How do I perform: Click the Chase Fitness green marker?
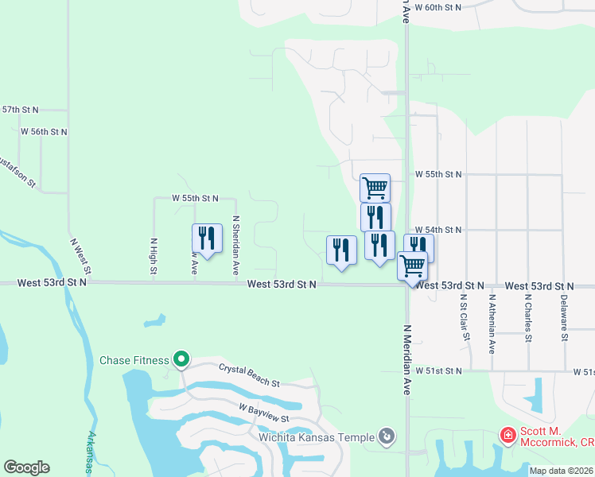click(x=181, y=360)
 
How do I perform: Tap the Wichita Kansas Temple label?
click(x=315, y=437)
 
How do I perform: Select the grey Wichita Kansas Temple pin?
click(x=387, y=436)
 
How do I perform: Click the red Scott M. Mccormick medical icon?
click(x=507, y=435)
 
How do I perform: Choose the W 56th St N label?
click(x=44, y=131)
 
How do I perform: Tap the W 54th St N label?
click(x=438, y=230)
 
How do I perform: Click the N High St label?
click(x=154, y=256)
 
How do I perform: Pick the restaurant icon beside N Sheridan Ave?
click(x=206, y=238)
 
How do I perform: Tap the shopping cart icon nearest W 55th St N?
click(x=375, y=188)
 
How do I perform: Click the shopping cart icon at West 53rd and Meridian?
click(x=412, y=265)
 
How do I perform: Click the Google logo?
click(x=26, y=467)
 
